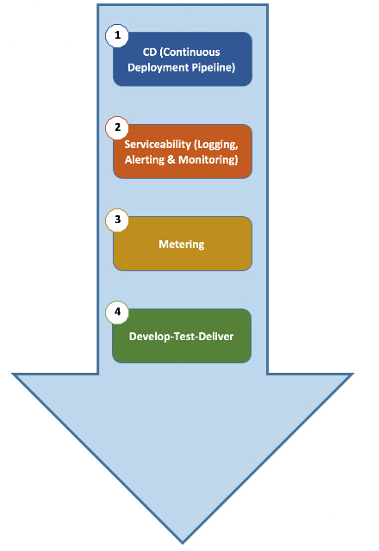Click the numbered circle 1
[117, 35]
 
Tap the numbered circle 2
[117, 127]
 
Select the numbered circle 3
[117, 220]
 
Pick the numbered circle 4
[117, 312]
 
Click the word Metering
[182, 245]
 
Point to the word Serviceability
[158, 144]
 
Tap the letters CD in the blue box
[149, 52]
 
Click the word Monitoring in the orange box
[208, 160]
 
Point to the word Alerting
[145, 160]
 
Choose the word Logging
[216, 145]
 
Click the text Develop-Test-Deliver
[182, 337]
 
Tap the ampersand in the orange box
[171, 160]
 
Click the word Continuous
[190, 52]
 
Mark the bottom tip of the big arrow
[183, 543]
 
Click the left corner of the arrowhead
[13, 375]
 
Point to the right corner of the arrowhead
[352, 375]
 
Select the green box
[182, 336]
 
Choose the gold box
[183, 244]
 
